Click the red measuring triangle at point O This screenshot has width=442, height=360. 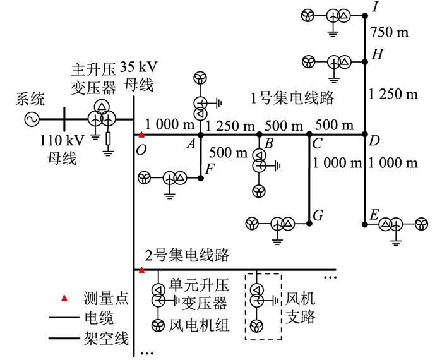(x=142, y=135)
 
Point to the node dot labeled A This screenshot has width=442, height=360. (x=200, y=135)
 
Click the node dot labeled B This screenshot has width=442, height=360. (x=259, y=135)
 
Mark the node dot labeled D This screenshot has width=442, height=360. (x=364, y=135)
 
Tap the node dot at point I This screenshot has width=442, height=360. (x=364, y=15)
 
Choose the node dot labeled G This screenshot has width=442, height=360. (x=309, y=223)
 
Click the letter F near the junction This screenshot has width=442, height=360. (x=210, y=168)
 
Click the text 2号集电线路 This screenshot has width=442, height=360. (x=187, y=256)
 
